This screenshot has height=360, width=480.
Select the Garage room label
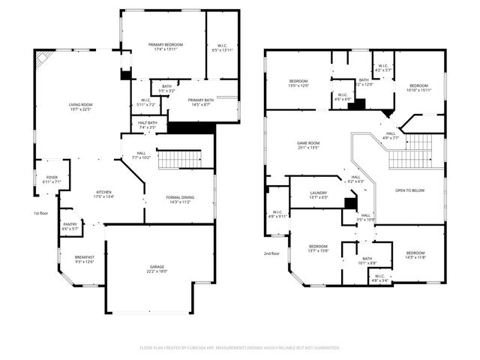[x=157, y=268]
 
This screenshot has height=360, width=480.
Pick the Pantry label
[x=70, y=226]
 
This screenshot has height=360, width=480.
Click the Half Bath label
[x=148, y=125]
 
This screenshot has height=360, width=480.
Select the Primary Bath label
[x=201, y=103]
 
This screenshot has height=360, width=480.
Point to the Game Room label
[x=308, y=145]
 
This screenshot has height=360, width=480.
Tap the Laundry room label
[x=318, y=195]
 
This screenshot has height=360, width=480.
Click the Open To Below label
[x=410, y=190]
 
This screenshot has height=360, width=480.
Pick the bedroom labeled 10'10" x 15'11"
[x=418, y=88]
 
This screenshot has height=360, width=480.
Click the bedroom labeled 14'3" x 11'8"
[x=415, y=255]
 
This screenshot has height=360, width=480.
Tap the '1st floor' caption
[x=41, y=214]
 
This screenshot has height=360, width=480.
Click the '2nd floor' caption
[x=271, y=253]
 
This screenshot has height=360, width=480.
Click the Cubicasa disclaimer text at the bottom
[x=240, y=348]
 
